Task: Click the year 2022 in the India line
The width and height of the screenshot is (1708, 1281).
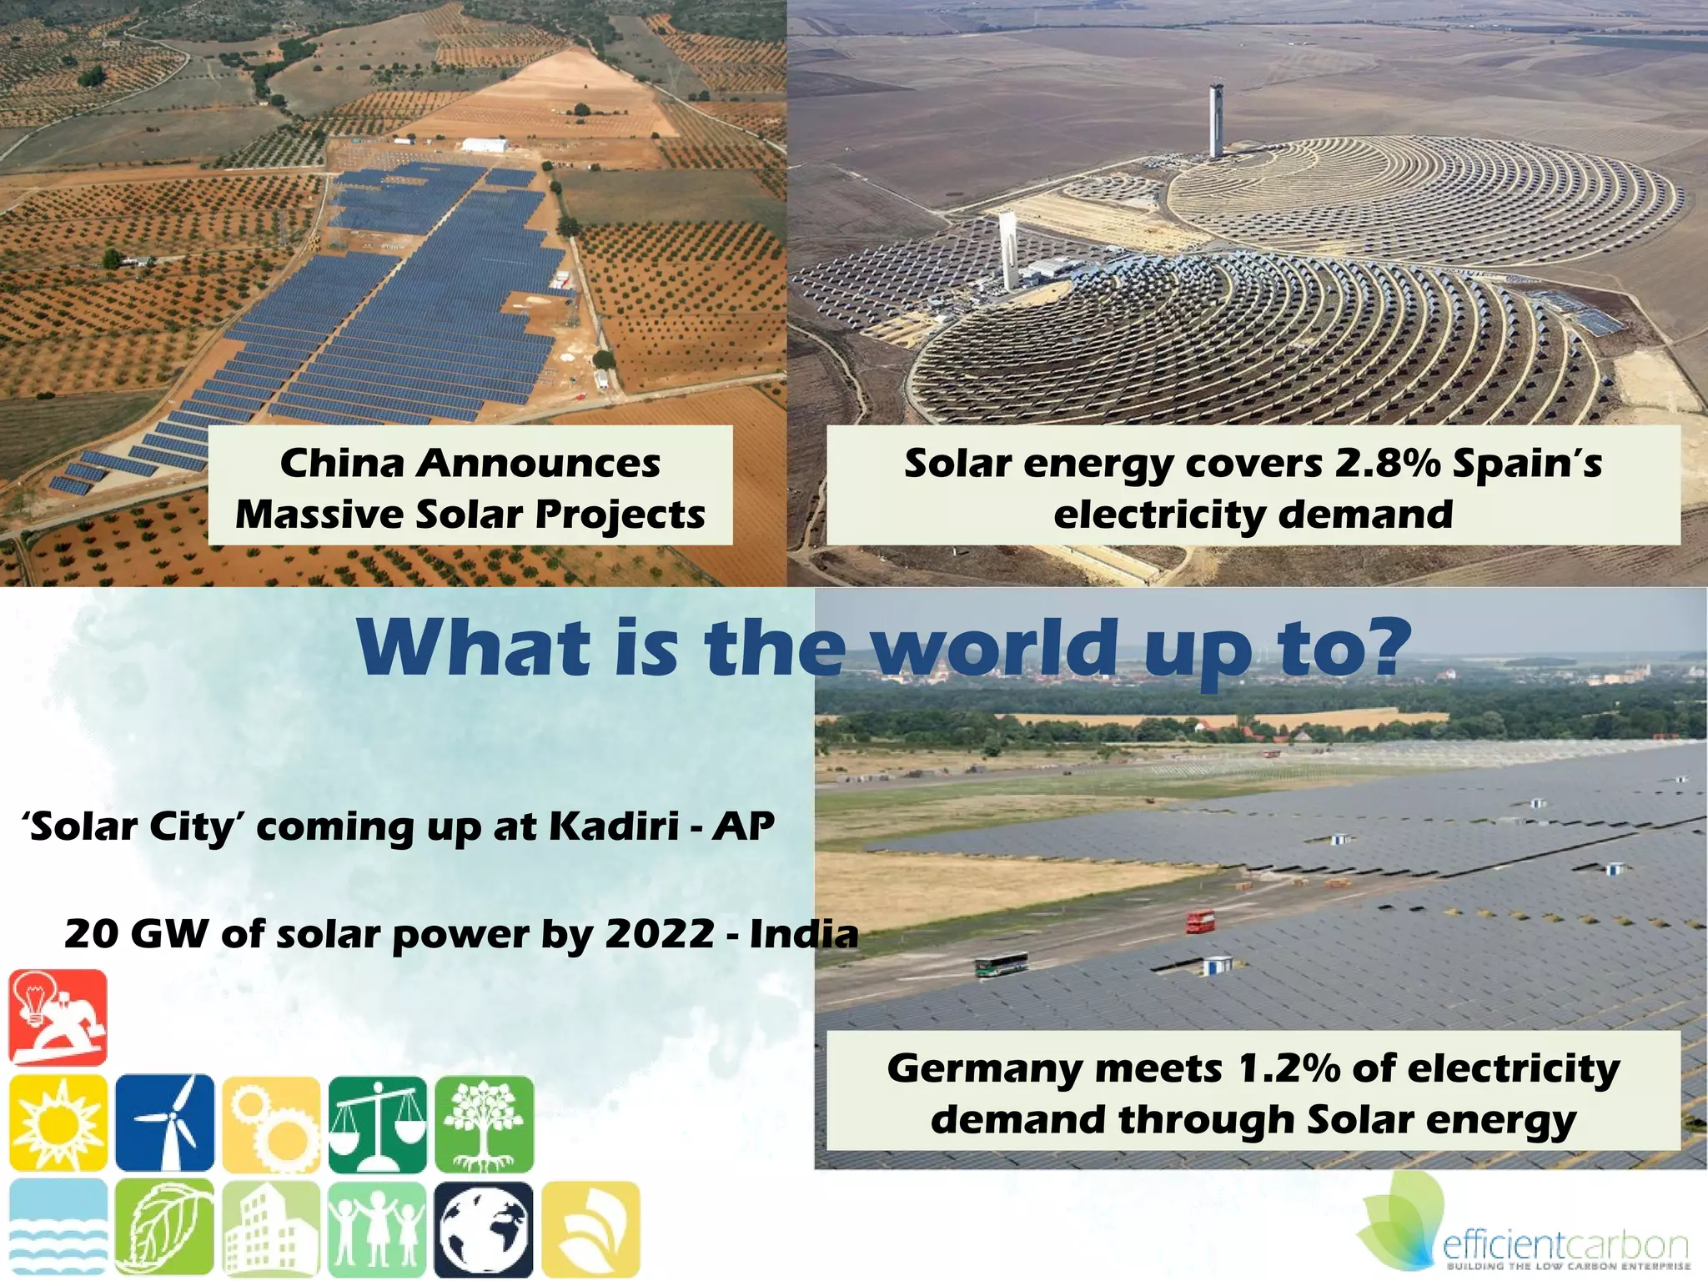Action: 660,933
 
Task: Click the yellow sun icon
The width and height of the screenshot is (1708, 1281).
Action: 58,1123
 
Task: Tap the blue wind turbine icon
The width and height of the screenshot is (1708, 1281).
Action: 165,1123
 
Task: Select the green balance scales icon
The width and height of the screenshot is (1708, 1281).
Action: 378,1123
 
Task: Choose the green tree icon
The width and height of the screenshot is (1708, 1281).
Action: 485,1123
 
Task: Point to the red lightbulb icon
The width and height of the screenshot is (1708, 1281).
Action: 58,1017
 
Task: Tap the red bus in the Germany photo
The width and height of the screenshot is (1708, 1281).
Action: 1200,922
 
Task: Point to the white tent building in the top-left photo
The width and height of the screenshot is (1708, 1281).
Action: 485,145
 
